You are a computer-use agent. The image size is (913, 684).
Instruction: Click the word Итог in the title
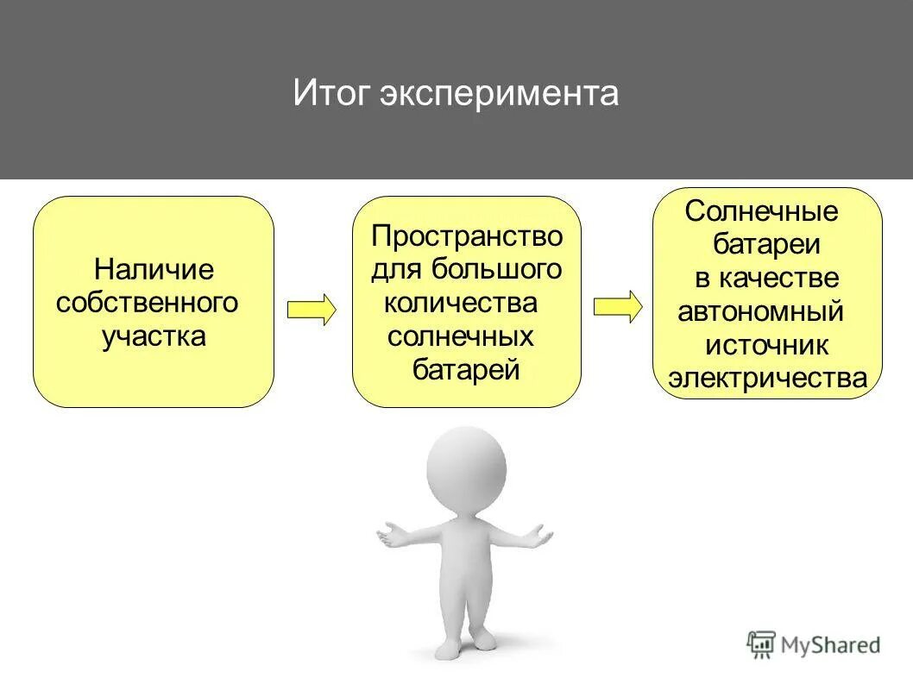(331, 92)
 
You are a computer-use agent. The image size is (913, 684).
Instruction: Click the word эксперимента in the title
(499, 93)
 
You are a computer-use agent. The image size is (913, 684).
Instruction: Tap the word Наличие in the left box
(154, 269)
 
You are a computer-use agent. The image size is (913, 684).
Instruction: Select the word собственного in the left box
(147, 302)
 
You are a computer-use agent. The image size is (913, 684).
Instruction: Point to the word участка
(154, 336)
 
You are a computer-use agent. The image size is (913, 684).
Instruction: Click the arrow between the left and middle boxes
(311, 309)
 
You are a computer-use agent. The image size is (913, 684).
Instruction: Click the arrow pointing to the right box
(618, 306)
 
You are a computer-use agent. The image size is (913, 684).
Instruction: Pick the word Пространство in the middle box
(467, 235)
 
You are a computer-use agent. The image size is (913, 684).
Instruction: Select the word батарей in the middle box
(466, 370)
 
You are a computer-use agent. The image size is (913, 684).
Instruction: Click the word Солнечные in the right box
(761, 211)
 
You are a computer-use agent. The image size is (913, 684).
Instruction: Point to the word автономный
(760, 311)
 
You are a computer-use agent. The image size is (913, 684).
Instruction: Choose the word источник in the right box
(766, 345)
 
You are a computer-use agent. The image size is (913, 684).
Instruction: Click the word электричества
(767, 378)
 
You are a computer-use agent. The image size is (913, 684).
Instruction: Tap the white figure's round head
(466, 471)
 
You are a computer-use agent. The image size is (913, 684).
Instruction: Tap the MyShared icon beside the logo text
(761, 643)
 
